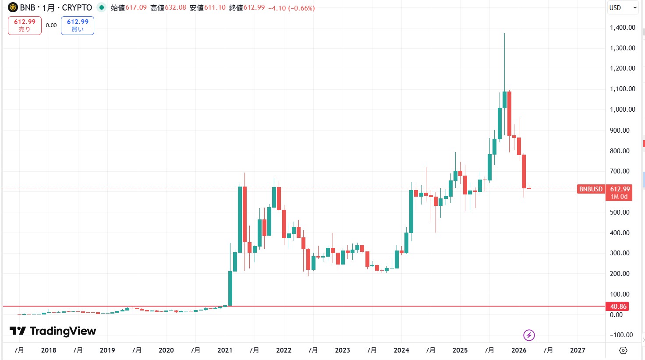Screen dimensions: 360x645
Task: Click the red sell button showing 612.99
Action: [x=25, y=25]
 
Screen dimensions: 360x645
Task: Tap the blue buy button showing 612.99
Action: [x=78, y=25]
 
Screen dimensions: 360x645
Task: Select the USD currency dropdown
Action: [x=622, y=8]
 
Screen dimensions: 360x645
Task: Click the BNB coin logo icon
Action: [x=13, y=7]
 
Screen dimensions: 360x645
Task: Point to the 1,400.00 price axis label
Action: [x=622, y=28]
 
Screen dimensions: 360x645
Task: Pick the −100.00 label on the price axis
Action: [x=621, y=335]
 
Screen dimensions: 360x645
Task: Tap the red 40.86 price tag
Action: [x=618, y=307]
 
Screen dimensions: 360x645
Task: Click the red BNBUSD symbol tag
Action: [x=591, y=189]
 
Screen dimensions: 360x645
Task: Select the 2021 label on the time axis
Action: [x=225, y=350]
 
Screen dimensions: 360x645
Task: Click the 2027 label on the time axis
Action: [x=578, y=350]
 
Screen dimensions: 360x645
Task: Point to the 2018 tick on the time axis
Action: [x=48, y=350]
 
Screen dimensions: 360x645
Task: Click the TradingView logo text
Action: [x=53, y=331]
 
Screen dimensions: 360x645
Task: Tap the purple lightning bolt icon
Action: [x=529, y=335]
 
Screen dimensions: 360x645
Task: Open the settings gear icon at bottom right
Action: [x=623, y=350]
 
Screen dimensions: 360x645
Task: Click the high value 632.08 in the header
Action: [x=175, y=8]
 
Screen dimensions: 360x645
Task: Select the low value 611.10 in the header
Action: [x=215, y=8]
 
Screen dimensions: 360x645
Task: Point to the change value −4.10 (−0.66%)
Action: [x=291, y=8]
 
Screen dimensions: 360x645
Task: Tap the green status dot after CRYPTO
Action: [x=102, y=7]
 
